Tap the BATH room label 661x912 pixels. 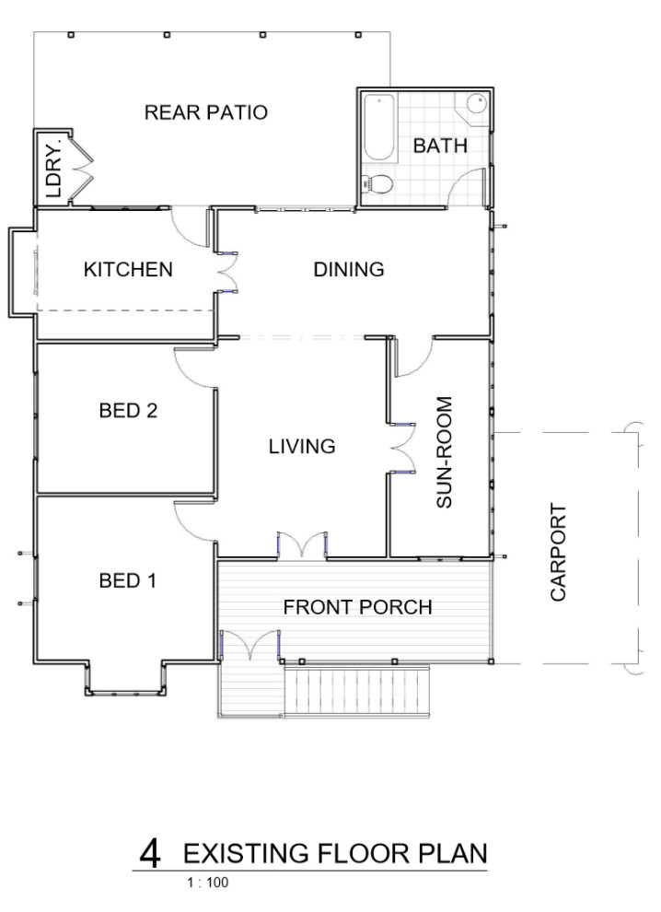(x=440, y=146)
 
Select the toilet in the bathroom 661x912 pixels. (x=377, y=183)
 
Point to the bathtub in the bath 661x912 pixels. (x=378, y=128)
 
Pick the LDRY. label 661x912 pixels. (x=52, y=169)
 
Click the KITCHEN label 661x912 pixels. (x=128, y=270)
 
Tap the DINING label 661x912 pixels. (x=348, y=270)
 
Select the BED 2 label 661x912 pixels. (x=128, y=411)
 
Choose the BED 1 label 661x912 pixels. (x=128, y=581)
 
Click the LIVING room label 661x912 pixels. (x=301, y=447)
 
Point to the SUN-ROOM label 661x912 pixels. (x=445, y=452)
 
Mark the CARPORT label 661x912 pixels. (x=558, y=553)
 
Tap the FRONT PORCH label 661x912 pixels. (x=357, y=608)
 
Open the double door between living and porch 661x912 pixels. (x=302, y=546)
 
